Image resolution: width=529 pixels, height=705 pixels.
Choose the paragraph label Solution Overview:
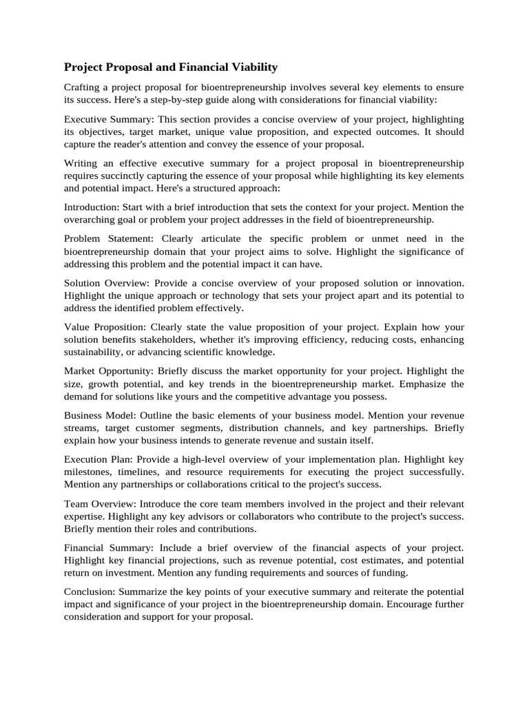(106, 283)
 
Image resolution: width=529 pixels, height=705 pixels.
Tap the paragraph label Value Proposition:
(105, 327)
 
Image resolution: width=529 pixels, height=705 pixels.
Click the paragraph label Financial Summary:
(109, 548)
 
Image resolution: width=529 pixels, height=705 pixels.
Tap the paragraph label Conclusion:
(90, 592)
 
